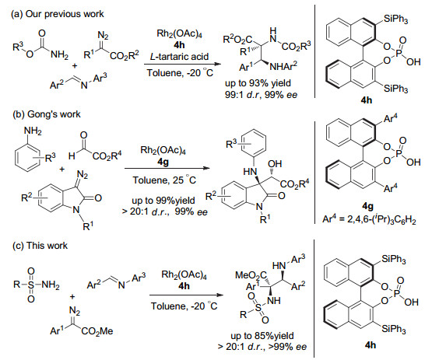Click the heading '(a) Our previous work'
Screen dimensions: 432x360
(x=58, y=14)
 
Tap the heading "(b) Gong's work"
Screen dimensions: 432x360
(x=47, y=114)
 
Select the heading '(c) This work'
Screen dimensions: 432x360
(x=40, y=246)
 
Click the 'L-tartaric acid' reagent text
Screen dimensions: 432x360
(x=179, y=57)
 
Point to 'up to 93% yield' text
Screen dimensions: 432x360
(x=258, y=83)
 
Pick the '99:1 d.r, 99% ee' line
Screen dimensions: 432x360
(x=262, y=95)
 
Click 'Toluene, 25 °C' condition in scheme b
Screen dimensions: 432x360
(x=164, y=180)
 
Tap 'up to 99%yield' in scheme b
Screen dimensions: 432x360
(x=163, y=200)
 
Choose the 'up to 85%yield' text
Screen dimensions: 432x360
(x=262, y=335)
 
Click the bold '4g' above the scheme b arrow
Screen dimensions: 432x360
(x=163, y=162)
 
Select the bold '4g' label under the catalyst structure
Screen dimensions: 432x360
(x=367, y=205)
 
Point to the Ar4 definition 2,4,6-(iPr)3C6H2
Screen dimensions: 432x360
(x=369, y=219)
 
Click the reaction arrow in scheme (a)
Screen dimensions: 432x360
(x=183, y=64)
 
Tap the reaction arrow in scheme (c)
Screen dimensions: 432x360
(x=186, y=295)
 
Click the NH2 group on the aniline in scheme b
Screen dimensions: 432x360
(x=33, y=131)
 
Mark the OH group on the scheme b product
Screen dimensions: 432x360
(x=275, y=164)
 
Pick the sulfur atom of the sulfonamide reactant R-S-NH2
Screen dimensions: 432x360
(x=31, y=285)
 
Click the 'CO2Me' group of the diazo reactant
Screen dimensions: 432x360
(x=97, y=331)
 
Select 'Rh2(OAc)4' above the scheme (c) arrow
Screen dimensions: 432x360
(x=184, y=274)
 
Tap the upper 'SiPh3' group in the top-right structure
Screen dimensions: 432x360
(x=395, y=19)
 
